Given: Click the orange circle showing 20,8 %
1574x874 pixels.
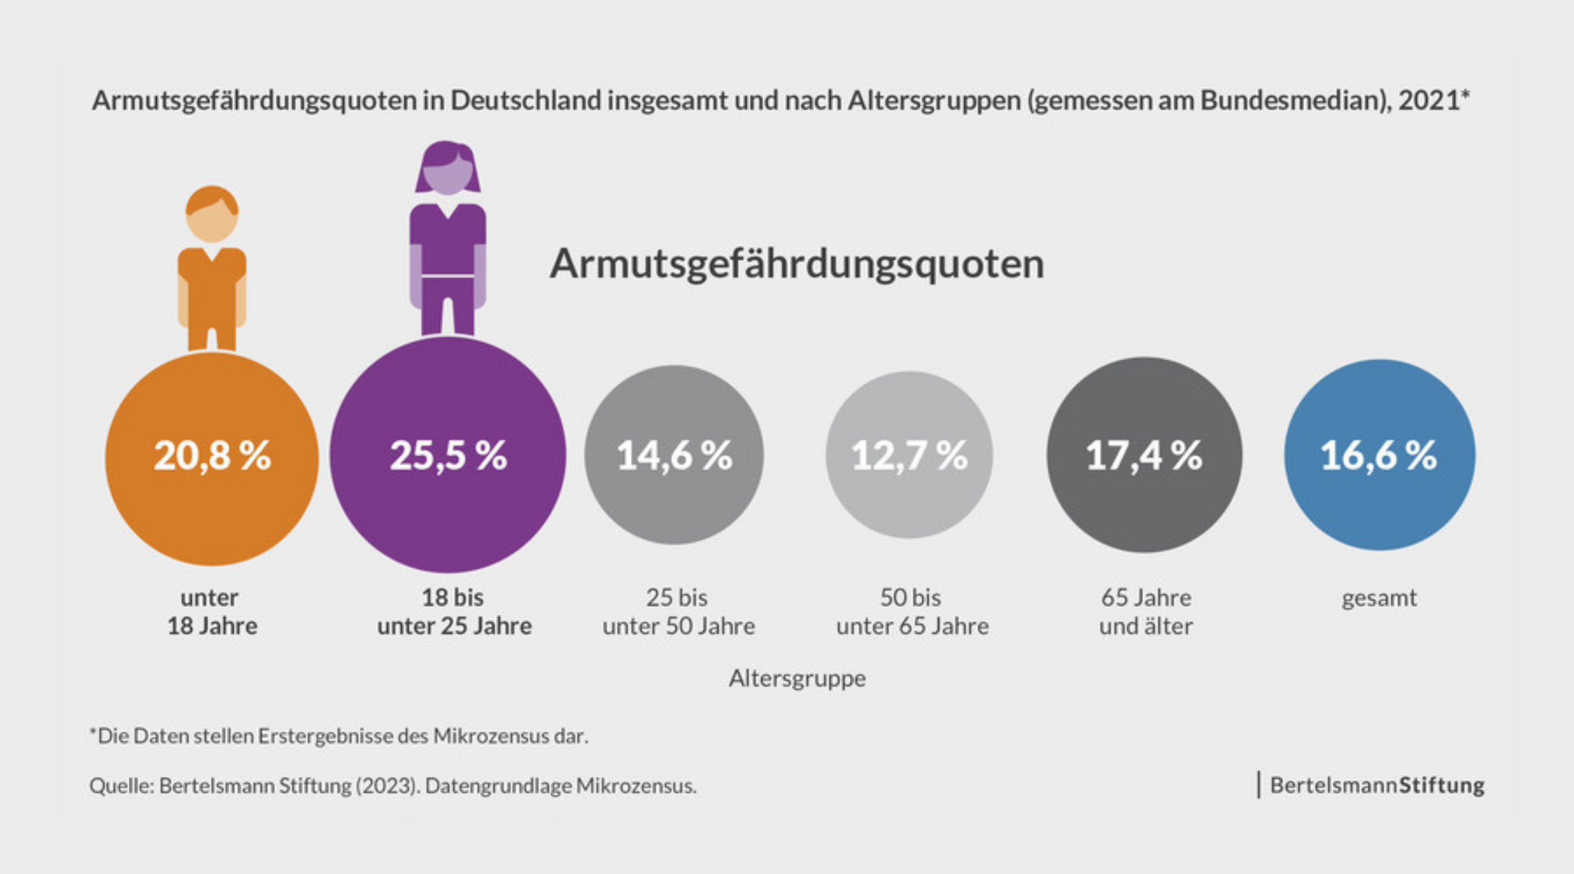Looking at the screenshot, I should (x=211, y=459).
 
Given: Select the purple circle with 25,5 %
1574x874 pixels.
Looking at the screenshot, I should (x=448, y=454).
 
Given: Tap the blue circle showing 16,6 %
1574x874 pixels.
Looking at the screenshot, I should (x=1379, y=455).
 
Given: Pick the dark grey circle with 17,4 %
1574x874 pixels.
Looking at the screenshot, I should (x=1144, y=455).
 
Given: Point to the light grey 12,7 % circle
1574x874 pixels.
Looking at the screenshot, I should (x=909, y=455).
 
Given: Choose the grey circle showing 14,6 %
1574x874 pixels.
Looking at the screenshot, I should (x=674, y=455).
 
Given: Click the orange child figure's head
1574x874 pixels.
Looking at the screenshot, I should (x=212, y=214).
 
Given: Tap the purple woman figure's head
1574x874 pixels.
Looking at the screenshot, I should (x=448, y=169).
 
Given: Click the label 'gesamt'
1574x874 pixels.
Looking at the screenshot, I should (x=1379, y=599).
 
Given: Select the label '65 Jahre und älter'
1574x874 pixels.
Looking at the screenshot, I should (x=1146, y=612).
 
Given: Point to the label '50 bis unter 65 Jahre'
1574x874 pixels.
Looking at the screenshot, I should (x=912, y=612).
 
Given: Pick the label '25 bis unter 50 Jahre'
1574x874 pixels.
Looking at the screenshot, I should (x=678, y=612).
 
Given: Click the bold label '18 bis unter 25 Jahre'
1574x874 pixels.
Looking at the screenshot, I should (x=454, y=612).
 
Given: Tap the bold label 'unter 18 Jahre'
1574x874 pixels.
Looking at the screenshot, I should (x=211, y=612).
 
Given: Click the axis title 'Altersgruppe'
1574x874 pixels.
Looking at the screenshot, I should (x=797, y=678).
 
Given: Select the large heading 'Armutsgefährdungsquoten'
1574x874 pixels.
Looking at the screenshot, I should (x=796, y=264).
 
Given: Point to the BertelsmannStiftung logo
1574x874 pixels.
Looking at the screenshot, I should (x=1375, y=785).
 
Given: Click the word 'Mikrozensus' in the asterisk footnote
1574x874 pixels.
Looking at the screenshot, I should (x=491, y=736).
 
